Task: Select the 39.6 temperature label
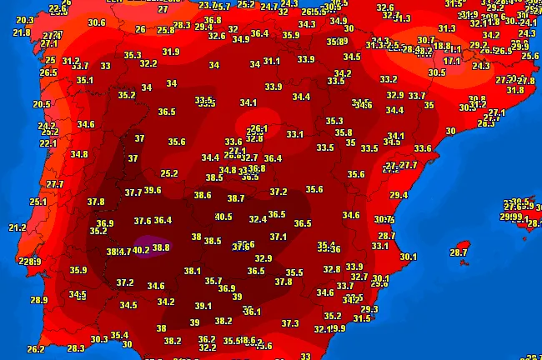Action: pos(153,191)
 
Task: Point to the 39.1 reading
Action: pos(203,306)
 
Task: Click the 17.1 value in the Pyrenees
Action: pos(452,61)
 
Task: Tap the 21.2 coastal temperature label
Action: pos(18,227)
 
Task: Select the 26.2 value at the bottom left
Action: pos(35,349)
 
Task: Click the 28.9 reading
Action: pos(38,300)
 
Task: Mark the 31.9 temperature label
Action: pos(171,52)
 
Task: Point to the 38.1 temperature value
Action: pos(192,271)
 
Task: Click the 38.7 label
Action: pos(236,198)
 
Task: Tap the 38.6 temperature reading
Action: pos(203,195)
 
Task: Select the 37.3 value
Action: pos(290,323)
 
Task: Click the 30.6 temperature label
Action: pos(97,22)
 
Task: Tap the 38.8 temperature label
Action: pos(162,247)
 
